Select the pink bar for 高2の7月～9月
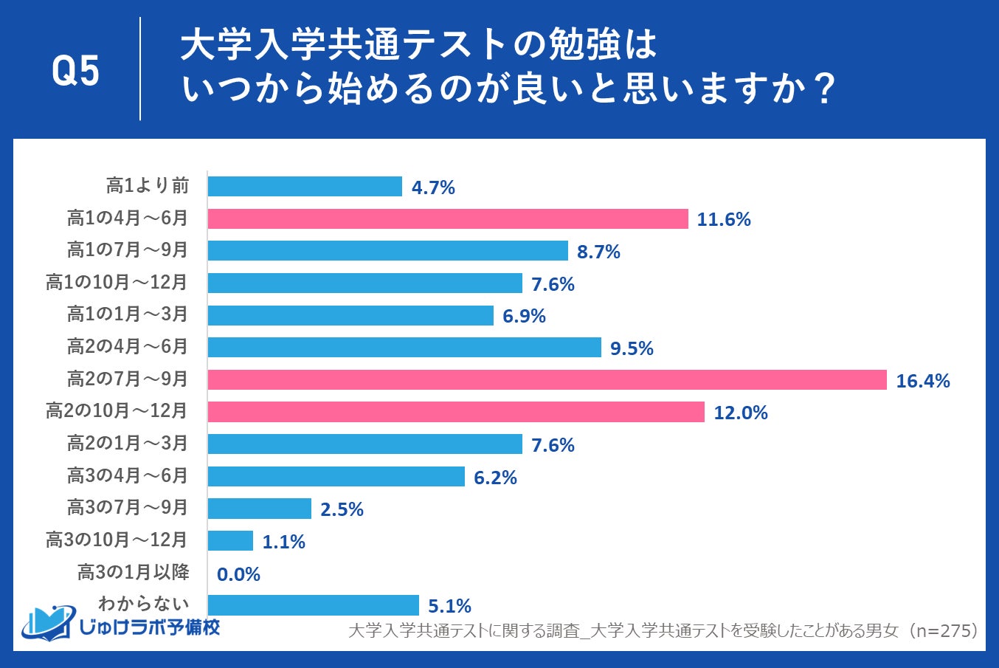tap(546, 380)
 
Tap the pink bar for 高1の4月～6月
tap(447, 218)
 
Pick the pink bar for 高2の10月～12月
tap(455, 412)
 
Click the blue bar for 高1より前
tap(304, 187)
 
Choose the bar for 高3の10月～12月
tap(230, 541)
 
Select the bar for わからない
tap(313, 605)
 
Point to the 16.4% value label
tap(922, 381)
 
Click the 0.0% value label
tap(238, 574)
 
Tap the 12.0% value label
tap(740, 413)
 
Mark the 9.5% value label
tap(632, 348)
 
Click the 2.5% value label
tap(342, 509)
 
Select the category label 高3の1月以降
tap(134, 572)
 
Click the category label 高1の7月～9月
tap(128, 250)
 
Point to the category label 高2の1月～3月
tap(128, 443)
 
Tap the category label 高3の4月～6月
tap(128, 475)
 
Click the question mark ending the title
tap(826, 90)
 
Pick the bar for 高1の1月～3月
tap(350, 316)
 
